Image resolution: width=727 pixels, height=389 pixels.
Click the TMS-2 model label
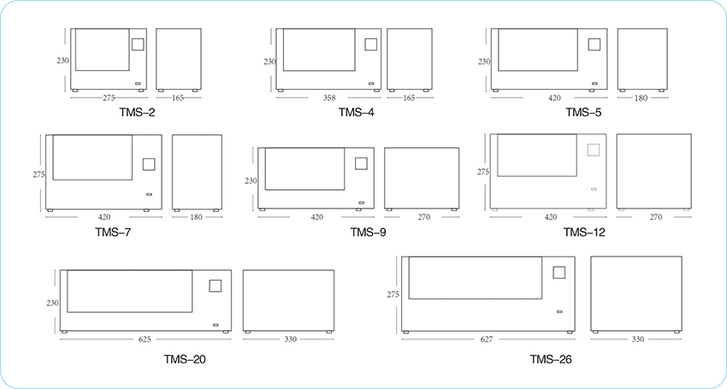(138, 113)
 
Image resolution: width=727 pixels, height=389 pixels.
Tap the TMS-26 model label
(551, 359)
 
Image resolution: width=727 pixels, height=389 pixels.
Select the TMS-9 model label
(368, 233)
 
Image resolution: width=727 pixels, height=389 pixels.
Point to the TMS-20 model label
(185, 359)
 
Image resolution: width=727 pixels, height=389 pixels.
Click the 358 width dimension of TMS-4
(329, 97)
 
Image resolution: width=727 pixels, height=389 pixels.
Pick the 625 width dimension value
(145, 339)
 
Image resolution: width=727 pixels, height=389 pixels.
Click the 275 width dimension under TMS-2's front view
(109, 97)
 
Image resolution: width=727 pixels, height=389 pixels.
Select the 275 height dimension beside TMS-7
(39, 174)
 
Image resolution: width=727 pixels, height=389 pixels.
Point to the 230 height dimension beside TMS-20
(52, 304)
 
